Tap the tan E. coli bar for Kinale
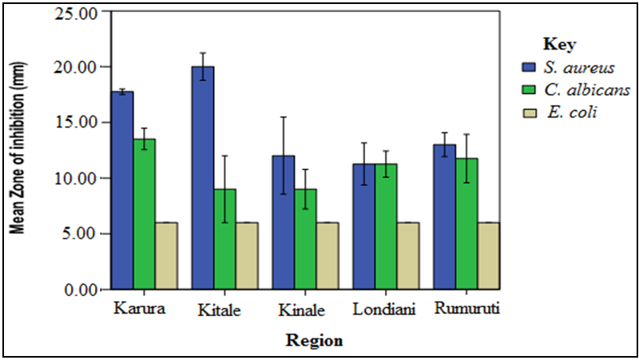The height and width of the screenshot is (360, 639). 327,255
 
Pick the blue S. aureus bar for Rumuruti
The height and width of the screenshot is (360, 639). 444,216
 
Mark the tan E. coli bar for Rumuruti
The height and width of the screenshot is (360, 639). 488,255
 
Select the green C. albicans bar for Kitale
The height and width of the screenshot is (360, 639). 225,239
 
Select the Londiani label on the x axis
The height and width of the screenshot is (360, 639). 386,310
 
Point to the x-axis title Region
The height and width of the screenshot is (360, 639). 315,341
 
